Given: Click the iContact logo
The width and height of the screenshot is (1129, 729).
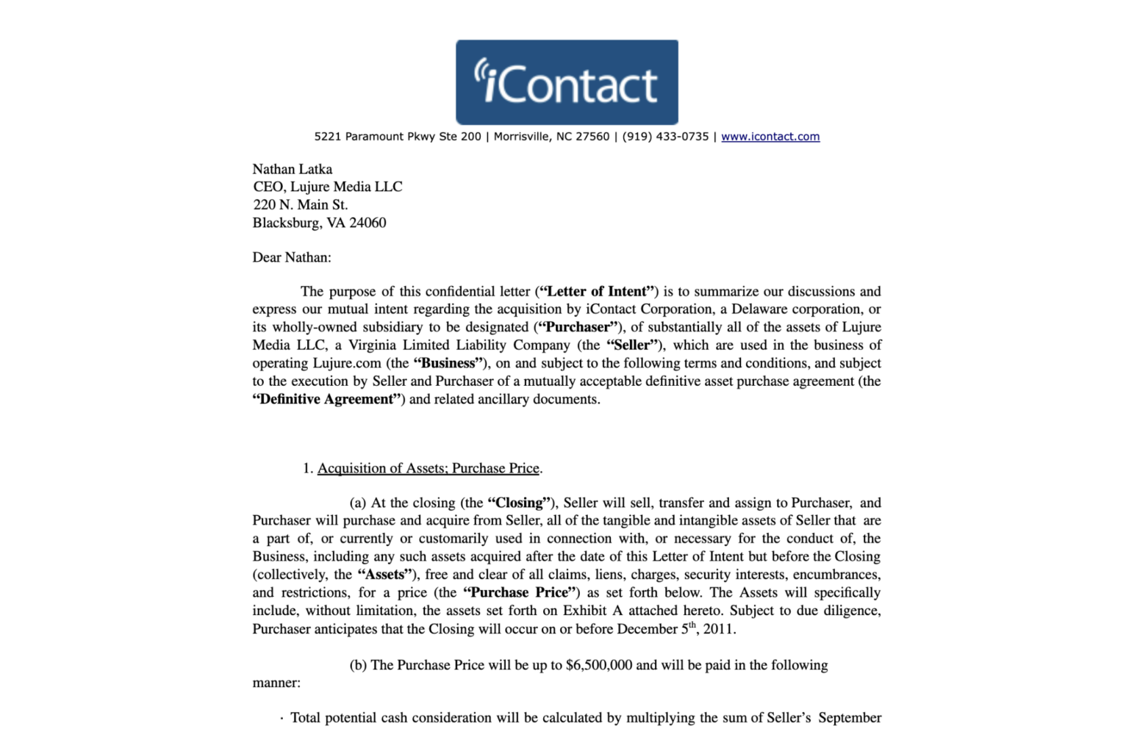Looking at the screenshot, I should click(567, 82).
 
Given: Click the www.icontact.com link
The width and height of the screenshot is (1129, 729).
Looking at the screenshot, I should click(770, 137).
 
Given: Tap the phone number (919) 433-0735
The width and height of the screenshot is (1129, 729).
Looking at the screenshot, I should click(665, 137).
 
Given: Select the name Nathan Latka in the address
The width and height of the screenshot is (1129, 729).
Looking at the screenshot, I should click(293, 169).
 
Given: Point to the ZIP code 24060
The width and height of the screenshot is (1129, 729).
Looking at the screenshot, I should click(368, 223).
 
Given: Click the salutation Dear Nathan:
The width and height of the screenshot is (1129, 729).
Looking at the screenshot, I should click(292, 257).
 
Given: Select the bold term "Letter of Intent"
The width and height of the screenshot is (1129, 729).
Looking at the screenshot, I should click(597, 292).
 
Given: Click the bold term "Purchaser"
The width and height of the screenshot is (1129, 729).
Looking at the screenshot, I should click(578, 327).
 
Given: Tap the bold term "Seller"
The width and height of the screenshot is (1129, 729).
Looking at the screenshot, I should click(632, 345).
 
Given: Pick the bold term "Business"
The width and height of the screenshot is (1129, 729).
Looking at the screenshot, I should click(448, 363).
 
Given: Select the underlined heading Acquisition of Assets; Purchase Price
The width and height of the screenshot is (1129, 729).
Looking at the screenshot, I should click(429, 468).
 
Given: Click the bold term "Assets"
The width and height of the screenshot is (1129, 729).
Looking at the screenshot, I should click(384, 575).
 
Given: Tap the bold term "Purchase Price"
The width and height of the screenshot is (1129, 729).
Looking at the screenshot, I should click(520, 592).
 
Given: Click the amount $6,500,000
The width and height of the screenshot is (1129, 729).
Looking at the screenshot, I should click(599, 665).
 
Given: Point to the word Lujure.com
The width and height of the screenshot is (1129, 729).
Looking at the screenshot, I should click(347, 363).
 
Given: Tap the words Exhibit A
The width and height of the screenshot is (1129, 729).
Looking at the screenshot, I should click(592, 611).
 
